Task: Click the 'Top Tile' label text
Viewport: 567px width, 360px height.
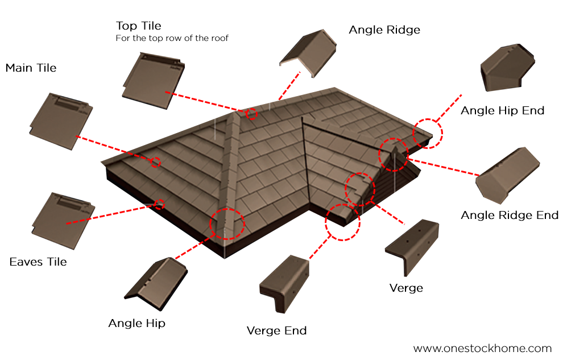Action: [138, 26]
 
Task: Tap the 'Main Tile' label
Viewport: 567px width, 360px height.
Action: [31, 68]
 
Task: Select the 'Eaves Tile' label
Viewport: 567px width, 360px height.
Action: [38, 262]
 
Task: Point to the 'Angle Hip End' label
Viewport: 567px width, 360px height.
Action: [502, 110]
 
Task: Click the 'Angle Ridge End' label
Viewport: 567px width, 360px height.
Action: [510, 216]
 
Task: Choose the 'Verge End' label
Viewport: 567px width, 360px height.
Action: [276, 330]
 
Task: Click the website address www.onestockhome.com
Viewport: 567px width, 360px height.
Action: [482, 349]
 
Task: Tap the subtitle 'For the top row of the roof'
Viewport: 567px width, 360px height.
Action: [172, 39]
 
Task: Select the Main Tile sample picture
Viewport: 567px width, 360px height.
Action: [61, 120]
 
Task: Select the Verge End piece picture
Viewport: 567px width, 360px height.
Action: [283, 283]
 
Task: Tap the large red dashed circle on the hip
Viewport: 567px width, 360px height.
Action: [227, 223]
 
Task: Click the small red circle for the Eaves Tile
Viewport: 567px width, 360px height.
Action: [160, 204]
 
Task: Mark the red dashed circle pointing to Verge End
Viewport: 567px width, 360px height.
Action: [343, 222]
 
